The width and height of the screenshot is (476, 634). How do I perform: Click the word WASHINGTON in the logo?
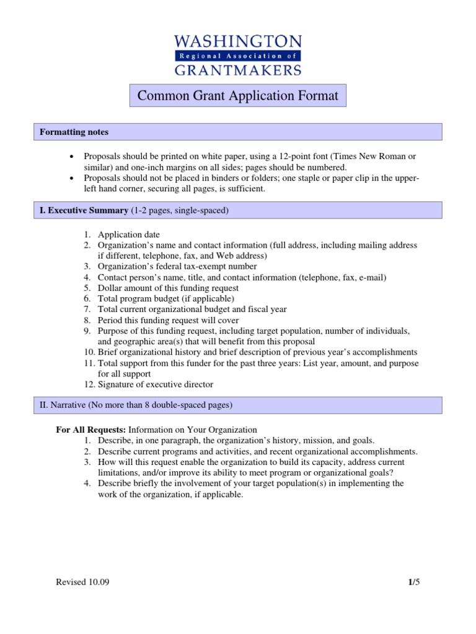coord(238,41)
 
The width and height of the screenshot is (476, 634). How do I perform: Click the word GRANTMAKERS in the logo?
coord(238,69)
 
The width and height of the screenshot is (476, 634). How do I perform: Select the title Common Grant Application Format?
coord(238,96)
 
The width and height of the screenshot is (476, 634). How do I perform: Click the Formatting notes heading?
coord(74,132)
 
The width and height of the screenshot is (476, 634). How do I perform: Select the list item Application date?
coord(128,235)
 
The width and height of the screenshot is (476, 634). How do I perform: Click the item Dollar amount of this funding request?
coord(168,288)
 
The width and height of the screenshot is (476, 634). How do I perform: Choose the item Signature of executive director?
coord(155,384)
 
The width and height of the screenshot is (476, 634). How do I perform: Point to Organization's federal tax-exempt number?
coord(177,266)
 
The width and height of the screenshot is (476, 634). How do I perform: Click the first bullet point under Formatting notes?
coord(73,157)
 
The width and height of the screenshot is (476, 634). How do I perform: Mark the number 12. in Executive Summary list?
coord(89,384)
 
